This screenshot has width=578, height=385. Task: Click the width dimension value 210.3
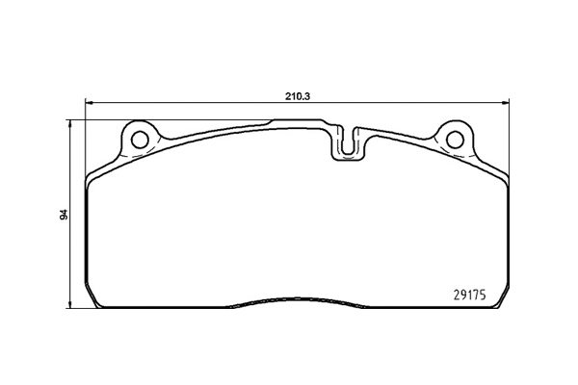click(298, 96)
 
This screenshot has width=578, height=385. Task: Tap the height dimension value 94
click(65, 215)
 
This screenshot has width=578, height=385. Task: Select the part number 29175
click(470, 295)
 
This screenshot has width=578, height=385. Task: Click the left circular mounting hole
click(140, 140)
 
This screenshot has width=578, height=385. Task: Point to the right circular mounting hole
click(455, 140)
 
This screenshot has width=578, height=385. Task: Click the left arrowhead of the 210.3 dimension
click(89, 104)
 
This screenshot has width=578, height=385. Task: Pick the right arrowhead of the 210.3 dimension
click(506, 104)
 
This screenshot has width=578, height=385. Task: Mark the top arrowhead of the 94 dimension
click(69, 123)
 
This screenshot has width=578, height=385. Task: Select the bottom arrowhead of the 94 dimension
click(69, 305)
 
